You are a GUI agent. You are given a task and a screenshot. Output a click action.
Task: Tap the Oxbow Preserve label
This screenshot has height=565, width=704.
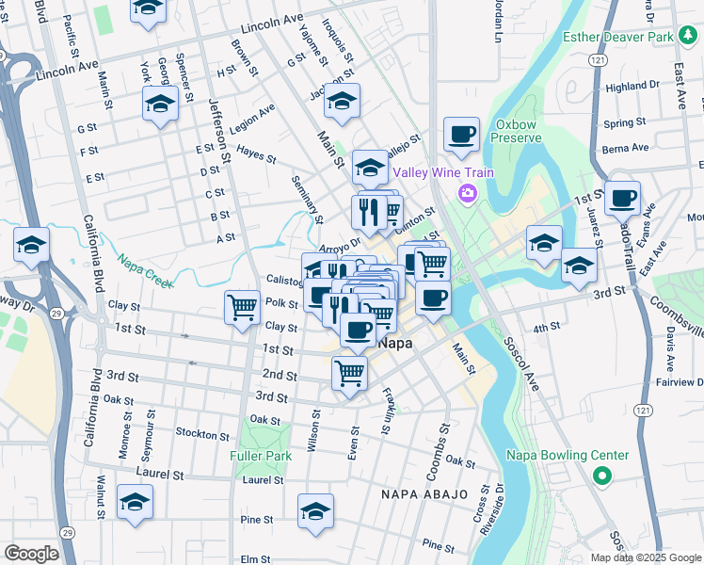(x=519, y=130)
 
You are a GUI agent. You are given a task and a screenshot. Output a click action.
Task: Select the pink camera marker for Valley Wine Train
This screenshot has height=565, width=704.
(x=466, y=193)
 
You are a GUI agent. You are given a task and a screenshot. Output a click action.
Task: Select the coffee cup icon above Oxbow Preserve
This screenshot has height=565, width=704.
(x=461, y=134)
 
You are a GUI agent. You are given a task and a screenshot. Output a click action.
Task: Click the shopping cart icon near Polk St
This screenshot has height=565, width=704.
(x=243, y=306)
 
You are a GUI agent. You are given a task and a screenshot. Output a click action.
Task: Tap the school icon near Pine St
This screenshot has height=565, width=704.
(x=315, y=510)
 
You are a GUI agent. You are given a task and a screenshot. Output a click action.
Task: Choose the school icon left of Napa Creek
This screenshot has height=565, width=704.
(x=31, y=245)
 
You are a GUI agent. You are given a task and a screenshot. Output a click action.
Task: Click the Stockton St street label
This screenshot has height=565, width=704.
(x=202, y=434)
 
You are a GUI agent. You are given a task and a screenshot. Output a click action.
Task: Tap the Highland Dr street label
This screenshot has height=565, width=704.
(x=632, y=87)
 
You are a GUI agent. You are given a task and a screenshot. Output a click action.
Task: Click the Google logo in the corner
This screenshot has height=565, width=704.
(x=31, y=554)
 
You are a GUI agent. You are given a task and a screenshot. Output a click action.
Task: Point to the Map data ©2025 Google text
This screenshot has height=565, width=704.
(x=646, y=557)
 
